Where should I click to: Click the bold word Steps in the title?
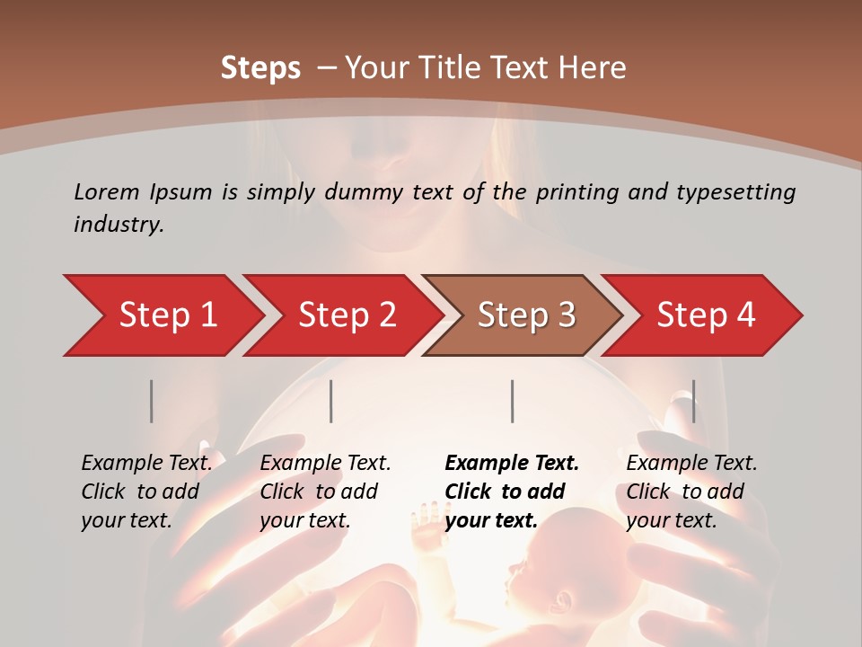260,68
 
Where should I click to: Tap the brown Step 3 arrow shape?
526,315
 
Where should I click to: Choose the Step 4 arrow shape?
706,315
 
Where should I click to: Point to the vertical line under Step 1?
152,401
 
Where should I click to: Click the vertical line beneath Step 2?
331,401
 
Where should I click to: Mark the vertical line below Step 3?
513,401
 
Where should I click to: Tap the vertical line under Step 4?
693,401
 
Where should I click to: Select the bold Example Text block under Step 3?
512,492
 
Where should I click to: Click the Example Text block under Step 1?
146,492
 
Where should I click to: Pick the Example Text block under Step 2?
325,492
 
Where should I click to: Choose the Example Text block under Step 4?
691,492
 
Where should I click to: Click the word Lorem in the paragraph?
106,191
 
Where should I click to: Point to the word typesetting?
733,192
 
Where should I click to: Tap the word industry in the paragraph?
118,225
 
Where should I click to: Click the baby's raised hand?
424,519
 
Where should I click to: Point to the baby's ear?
563,600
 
